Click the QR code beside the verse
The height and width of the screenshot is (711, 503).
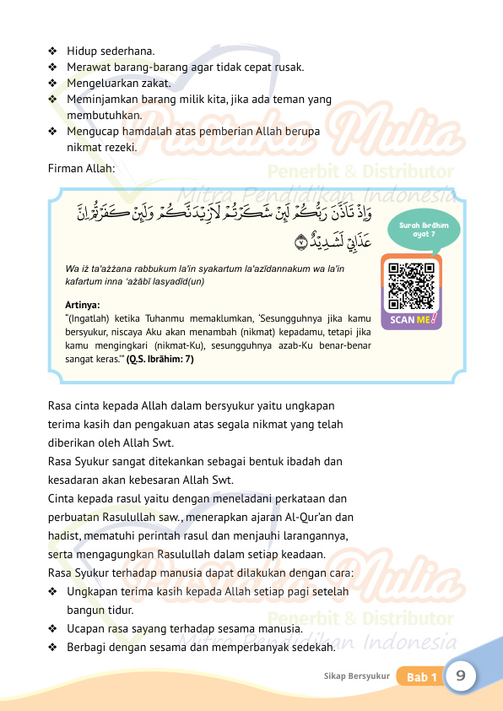412,285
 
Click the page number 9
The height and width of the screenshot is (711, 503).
462,676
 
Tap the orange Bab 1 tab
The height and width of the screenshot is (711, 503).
421,677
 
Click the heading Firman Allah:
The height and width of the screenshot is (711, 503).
82,167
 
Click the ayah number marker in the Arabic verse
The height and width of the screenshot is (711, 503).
301,243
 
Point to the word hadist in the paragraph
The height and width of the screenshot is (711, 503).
64,535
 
